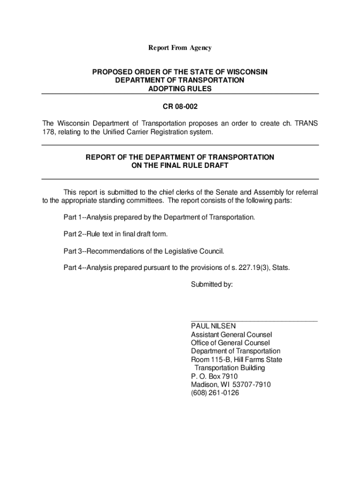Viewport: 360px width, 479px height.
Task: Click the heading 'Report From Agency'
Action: click(x=180, y=48)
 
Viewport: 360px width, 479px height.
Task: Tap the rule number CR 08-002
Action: click(x=180, y=107)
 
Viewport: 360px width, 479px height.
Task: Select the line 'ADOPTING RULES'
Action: click(x=180, y=89)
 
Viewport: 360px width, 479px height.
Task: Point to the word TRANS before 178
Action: click(x=307, y=123)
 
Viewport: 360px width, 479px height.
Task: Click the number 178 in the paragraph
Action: click(x=48, y=132)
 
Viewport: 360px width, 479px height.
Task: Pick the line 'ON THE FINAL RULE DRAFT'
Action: click(x=180, y=166)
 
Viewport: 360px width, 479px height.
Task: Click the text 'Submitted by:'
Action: click(x=212, y=284)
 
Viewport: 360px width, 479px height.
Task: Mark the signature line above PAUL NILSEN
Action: click(x=254, y=321)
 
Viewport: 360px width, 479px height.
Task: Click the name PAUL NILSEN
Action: click(x=213, y=326)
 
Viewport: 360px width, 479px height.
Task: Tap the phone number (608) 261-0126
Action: click(x=215, y=393)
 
